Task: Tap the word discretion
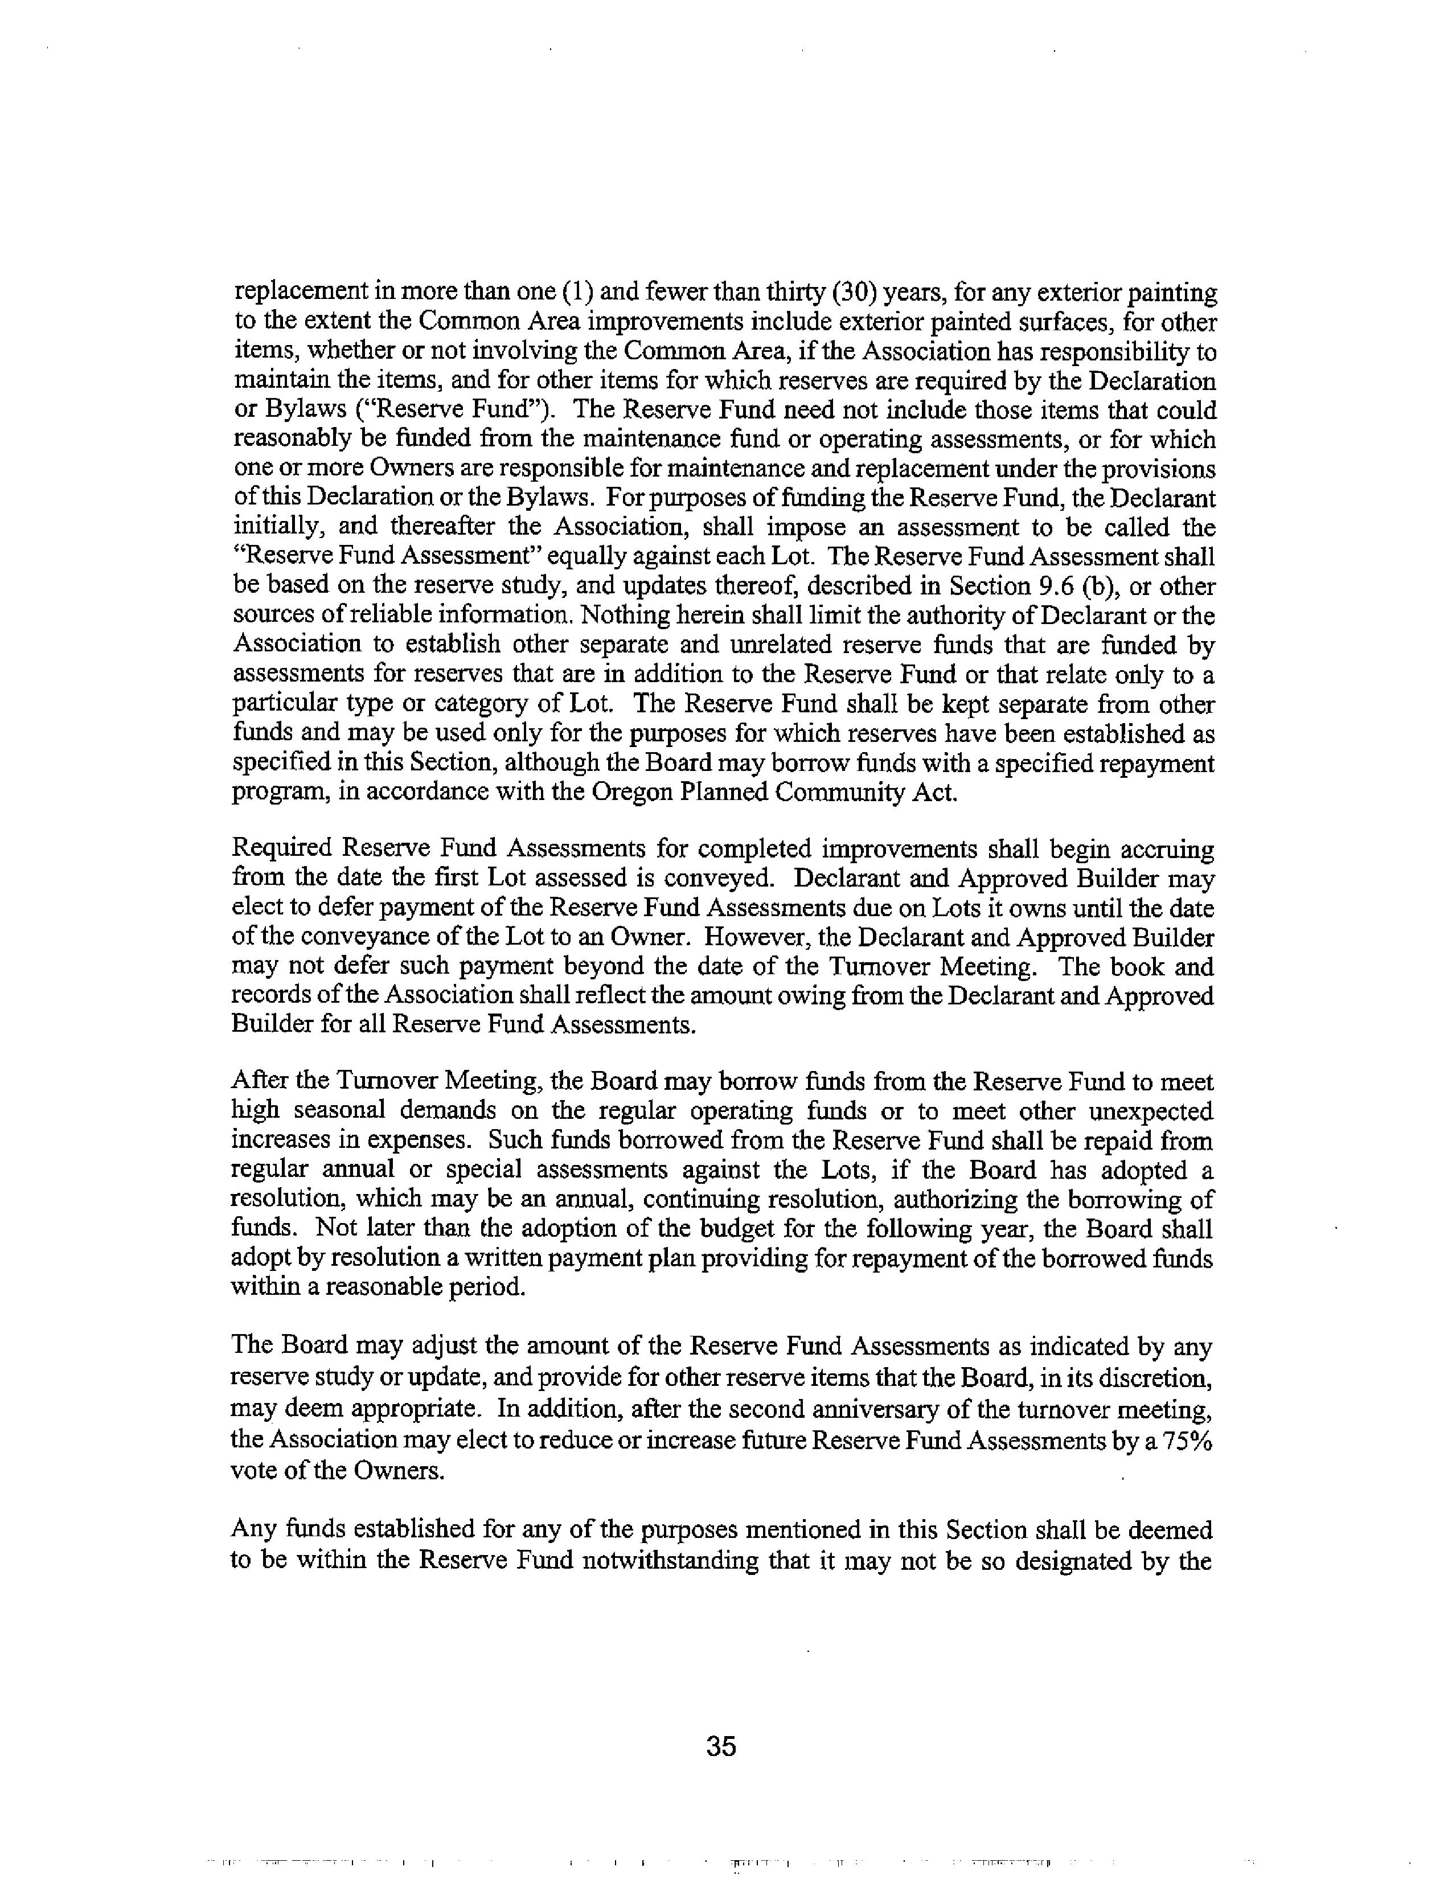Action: [1152, 1380]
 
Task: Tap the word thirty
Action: [803, 293]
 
